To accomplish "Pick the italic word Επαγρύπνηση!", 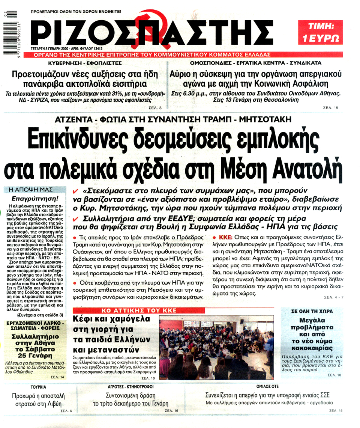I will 35,197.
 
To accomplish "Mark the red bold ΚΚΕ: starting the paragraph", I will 225,238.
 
